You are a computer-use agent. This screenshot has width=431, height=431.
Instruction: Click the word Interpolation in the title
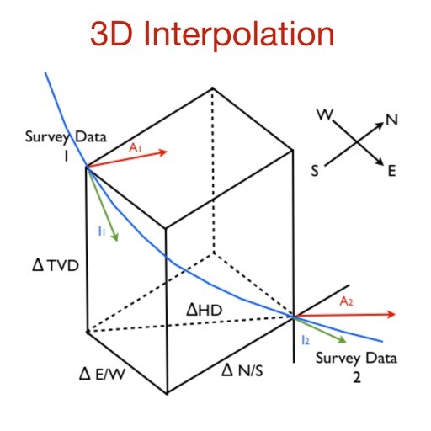(239, 35)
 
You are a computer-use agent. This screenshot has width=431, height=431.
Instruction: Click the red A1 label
(136, 147)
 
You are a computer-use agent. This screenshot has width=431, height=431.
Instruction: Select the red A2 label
(346, 301)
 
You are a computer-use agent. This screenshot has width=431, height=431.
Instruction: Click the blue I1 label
(101, 231)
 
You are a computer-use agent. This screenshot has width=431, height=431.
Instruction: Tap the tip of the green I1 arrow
(117, 242)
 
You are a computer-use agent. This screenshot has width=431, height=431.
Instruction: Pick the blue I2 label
(305, 340)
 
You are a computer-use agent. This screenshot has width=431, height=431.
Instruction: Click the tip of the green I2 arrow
(347, 343)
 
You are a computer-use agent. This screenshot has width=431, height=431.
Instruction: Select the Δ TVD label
(56, 265)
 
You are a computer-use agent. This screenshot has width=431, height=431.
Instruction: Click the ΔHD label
(204, 310)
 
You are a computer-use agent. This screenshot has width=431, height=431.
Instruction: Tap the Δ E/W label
(102, 374)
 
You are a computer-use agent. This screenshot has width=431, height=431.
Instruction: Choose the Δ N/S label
(242, 370)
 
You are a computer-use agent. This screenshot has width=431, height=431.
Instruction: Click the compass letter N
(392, 120)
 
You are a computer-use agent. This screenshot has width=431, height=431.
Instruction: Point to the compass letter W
(325, 114)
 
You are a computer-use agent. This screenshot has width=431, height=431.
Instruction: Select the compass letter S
(315, 170)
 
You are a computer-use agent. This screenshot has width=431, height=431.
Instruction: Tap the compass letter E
(391, 171)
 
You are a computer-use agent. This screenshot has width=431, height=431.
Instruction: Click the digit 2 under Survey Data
(357, 377)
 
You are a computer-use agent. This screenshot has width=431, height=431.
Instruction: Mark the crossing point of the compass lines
(357, 142)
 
